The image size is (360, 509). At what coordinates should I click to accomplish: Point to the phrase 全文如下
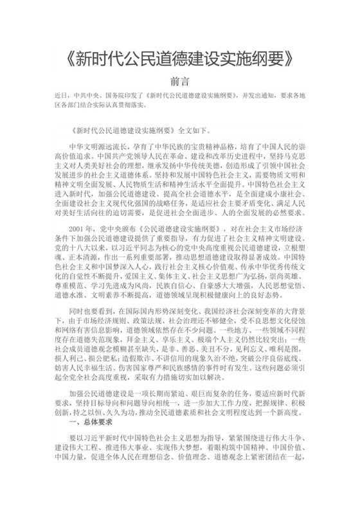click(x=185, y=128)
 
